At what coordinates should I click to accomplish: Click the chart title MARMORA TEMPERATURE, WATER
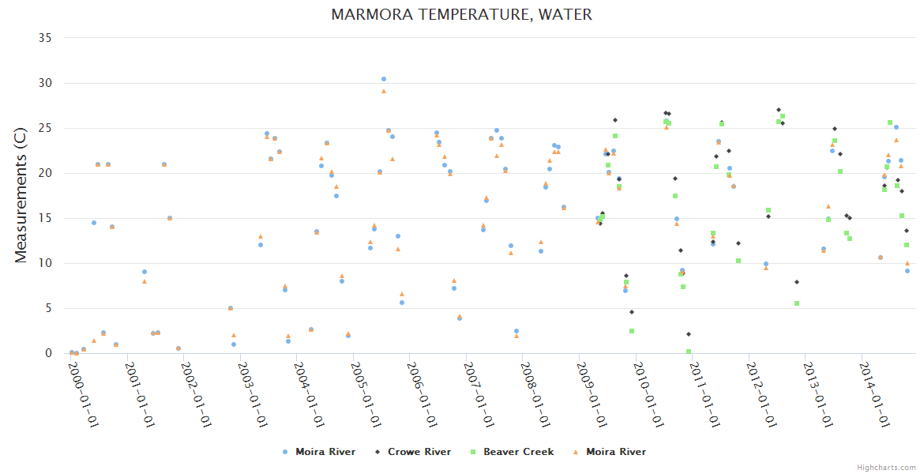point(461,14)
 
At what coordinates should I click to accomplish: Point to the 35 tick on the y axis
point(44,38)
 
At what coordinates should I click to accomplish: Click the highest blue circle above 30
point(384,79)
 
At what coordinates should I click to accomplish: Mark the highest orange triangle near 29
point(384,91)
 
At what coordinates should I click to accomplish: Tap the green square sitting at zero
point(689,352)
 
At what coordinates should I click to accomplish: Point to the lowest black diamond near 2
point(689,334)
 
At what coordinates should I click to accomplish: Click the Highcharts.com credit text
point(886,467)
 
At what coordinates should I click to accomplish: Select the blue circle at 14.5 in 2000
point(94,223)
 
